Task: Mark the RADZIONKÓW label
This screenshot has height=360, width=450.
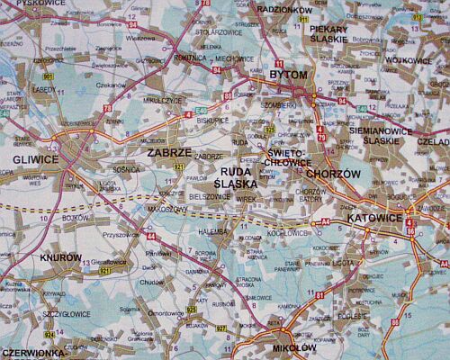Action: (x=283, y=8)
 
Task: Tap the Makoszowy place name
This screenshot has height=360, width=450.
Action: (x=166, y=208)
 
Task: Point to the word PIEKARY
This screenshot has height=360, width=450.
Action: (x=328, y=29)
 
